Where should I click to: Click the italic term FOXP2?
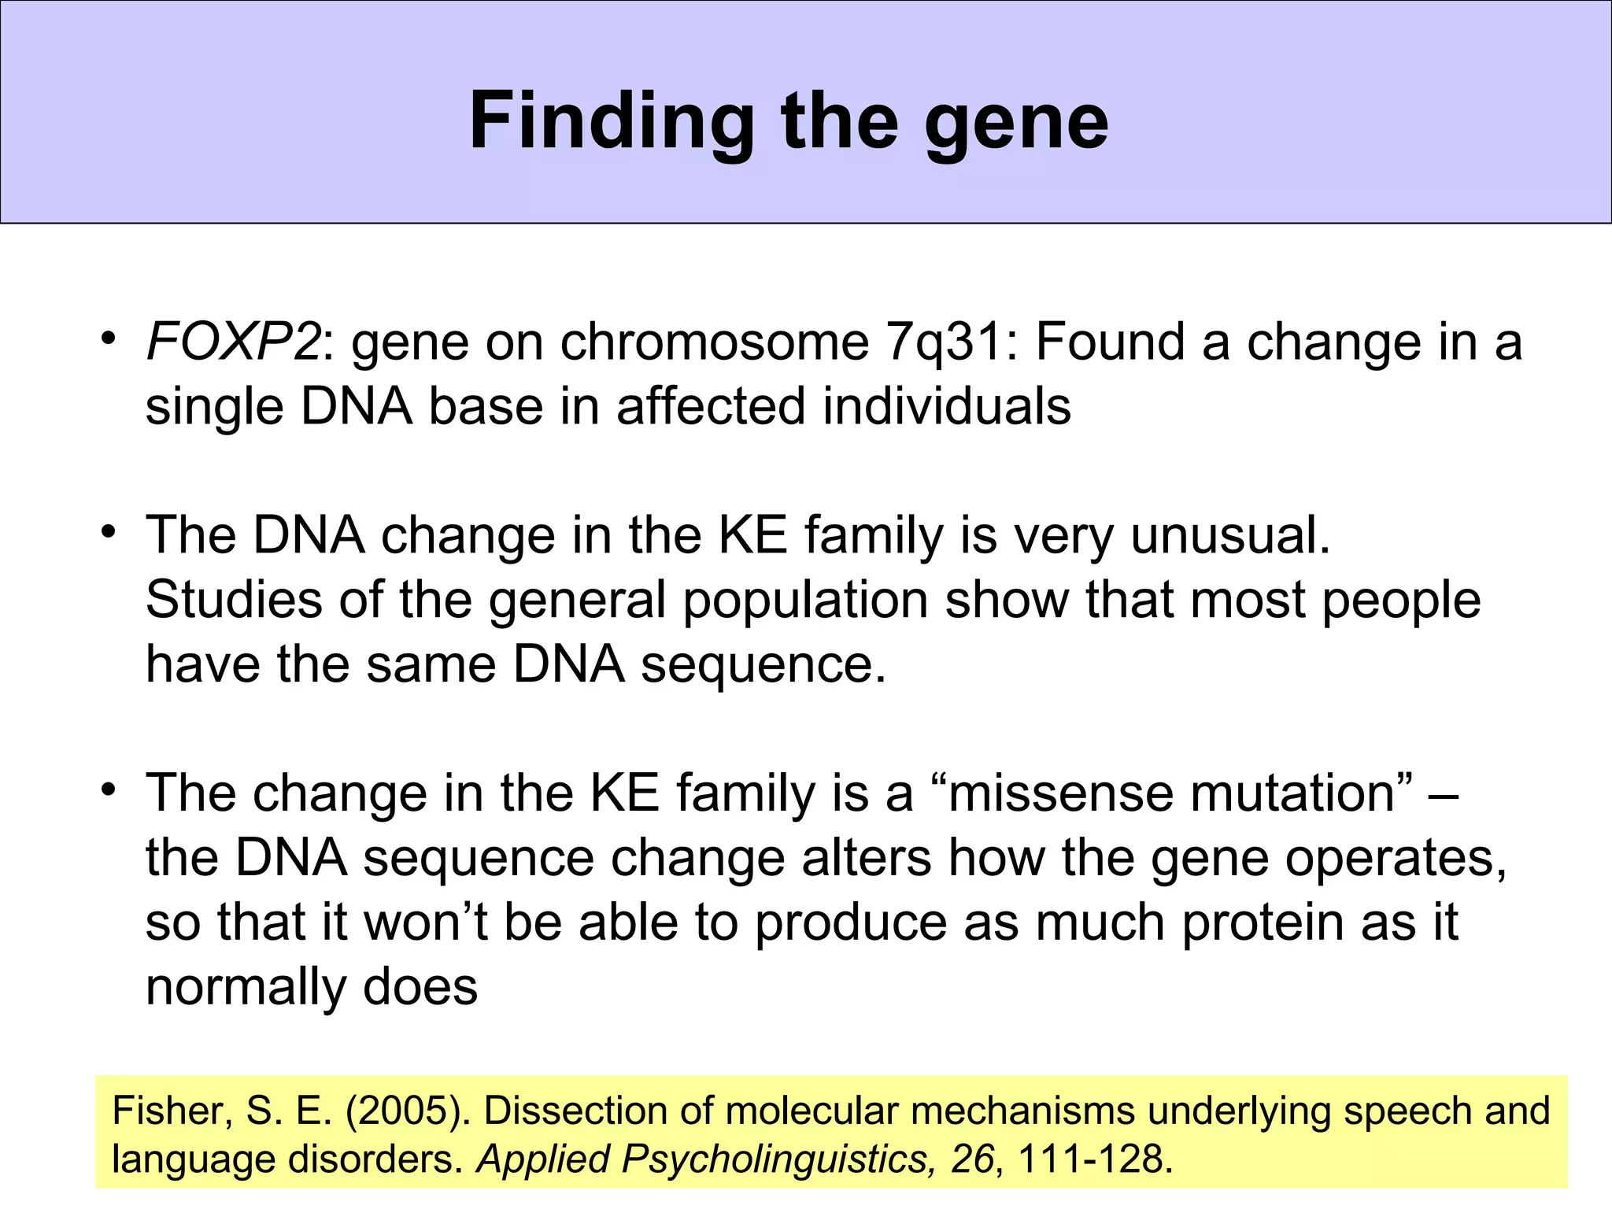233,342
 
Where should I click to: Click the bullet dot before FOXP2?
108,339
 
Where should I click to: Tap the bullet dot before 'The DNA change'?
108,532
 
